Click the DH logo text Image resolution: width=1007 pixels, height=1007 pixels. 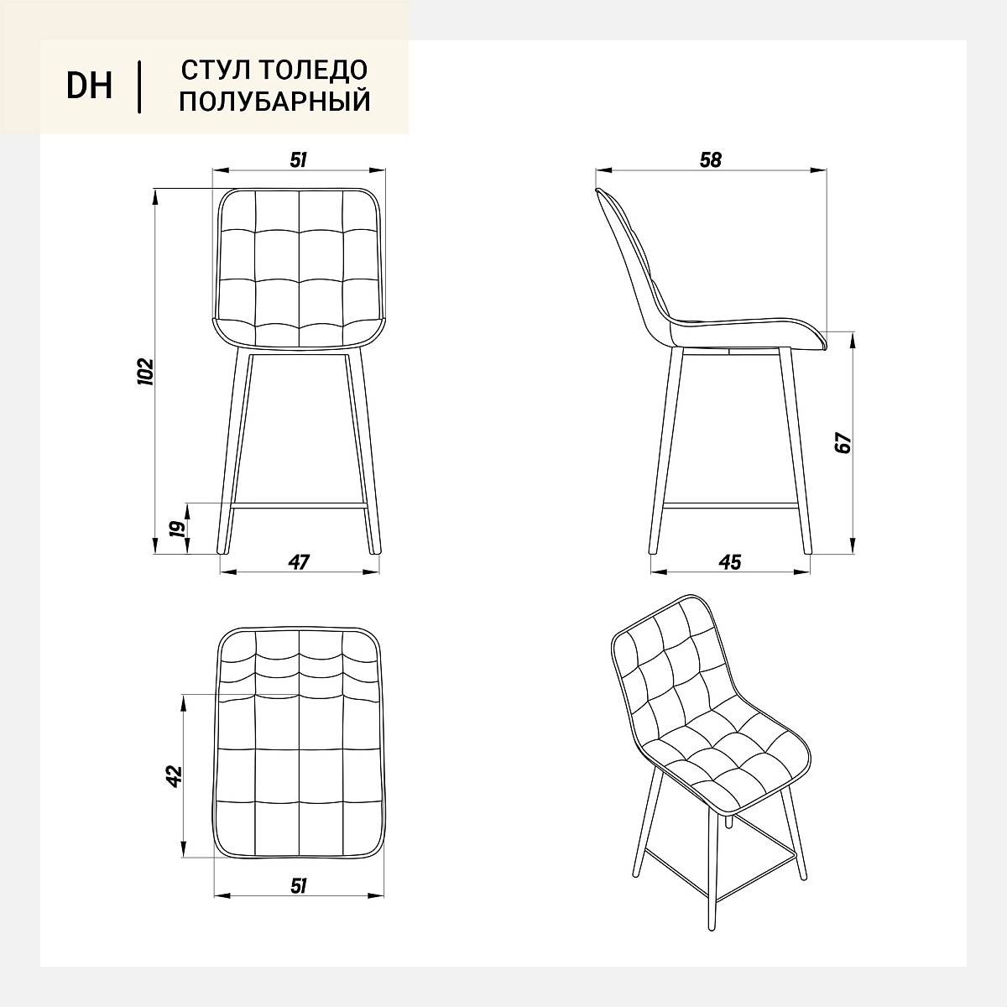[89, 86]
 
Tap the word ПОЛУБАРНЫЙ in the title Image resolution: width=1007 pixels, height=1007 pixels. [275, 101]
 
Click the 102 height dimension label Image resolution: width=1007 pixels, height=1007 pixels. [144, 372]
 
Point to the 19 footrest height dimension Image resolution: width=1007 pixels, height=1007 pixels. [179, 529]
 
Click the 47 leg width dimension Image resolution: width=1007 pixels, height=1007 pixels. [299, 561]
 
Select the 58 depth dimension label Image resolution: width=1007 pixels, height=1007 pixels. [711, 160]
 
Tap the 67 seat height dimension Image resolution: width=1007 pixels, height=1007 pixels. [843, 442]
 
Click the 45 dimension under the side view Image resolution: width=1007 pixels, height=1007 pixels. [729, 561]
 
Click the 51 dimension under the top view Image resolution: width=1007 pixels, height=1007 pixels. [299, 886]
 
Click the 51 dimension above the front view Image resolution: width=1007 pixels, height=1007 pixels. [299, 160]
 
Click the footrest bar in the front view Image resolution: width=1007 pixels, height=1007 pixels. [299, 505]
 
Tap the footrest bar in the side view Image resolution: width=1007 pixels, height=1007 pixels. [729, 505]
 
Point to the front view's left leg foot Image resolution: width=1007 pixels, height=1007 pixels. [222, 550]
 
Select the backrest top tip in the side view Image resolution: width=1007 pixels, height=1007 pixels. [597, 190]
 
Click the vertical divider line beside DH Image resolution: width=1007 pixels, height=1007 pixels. [139, 86]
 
